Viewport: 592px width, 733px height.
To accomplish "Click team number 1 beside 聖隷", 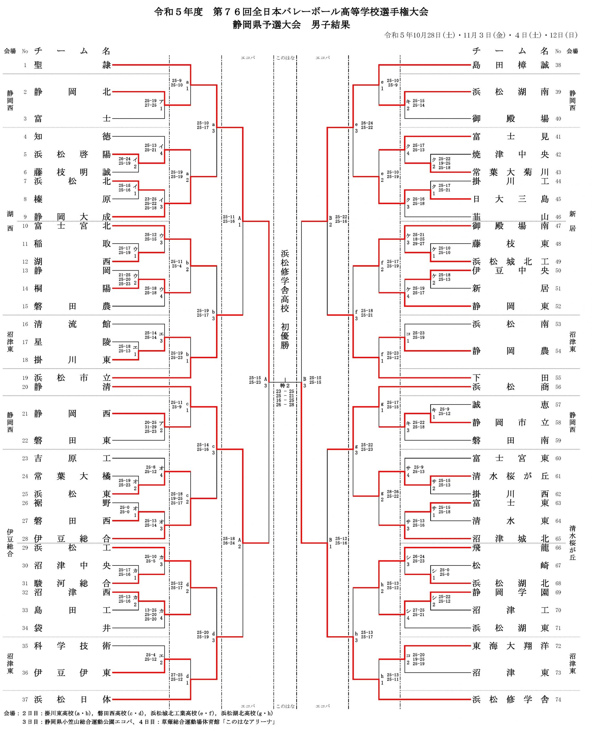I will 25,65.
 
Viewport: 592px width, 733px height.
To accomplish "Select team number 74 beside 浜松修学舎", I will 558,699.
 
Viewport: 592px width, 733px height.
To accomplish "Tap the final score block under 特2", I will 285,398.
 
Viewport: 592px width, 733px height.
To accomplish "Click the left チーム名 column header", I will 72,51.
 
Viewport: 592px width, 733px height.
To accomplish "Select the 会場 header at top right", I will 572,51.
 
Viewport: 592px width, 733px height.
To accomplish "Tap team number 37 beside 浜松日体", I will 25,699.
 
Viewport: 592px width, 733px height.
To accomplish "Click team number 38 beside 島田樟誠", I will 558,65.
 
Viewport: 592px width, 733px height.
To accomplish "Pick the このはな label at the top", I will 285,58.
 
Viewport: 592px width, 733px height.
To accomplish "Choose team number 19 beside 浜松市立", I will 25,378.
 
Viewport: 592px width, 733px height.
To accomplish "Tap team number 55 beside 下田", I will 558,378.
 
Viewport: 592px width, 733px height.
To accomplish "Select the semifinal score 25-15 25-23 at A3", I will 255,380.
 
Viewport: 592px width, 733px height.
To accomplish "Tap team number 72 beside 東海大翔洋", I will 558,646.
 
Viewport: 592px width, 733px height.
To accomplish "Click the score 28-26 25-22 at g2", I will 393,494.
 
